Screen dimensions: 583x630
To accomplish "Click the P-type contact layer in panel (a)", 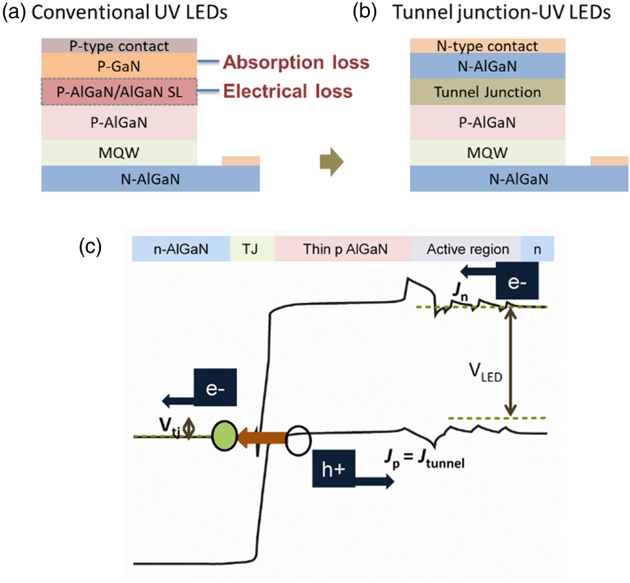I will [119, 46].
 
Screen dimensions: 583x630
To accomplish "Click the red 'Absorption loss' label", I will [296, 63].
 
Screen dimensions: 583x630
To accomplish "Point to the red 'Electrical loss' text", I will [288, 92].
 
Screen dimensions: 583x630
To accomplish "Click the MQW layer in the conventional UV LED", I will [119, 152].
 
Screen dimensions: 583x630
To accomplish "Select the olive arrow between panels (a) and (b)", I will [329, 161].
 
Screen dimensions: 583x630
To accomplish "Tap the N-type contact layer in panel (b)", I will [488, 46].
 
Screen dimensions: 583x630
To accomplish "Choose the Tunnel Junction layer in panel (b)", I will [488, 92].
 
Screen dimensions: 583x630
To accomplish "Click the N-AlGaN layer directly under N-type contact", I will [488, 65].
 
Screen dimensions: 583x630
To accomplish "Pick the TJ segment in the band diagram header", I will [253, 249].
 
